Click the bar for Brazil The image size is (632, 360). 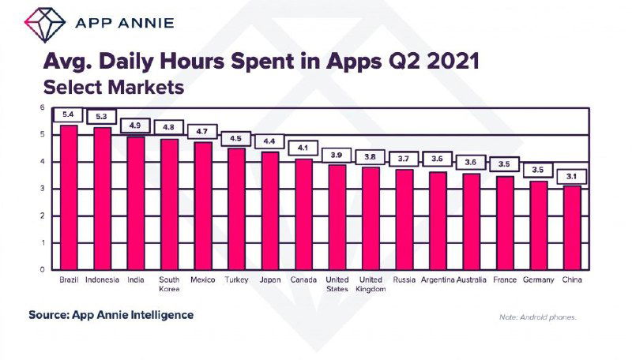69,197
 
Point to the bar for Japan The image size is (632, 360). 270,210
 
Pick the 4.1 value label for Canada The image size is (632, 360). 303,148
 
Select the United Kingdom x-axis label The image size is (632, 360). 371,284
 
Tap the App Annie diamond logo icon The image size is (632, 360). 44,21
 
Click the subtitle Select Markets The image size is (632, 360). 114,87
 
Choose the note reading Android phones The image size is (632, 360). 538,317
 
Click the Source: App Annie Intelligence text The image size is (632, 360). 111,315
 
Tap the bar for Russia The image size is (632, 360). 404,219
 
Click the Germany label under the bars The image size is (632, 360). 539,279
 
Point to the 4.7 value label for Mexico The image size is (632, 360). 203,131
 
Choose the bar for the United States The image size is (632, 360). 337,216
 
